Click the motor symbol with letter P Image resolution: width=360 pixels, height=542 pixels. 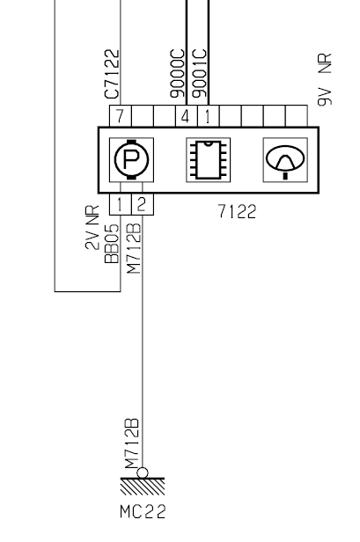131,159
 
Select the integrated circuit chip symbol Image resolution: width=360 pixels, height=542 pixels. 209,159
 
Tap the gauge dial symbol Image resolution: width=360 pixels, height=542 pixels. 285,159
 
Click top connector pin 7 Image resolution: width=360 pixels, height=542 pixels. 121,116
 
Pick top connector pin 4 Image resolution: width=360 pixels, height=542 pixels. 186,116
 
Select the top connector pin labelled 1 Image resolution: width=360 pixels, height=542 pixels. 209,116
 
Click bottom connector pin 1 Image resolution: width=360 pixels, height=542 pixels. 121,204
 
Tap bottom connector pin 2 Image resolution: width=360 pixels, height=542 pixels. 143,204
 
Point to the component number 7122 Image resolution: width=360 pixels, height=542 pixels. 238,211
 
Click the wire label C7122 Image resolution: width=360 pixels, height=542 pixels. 112,74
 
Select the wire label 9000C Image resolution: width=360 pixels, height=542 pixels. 178,74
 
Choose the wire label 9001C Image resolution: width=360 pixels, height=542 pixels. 200,74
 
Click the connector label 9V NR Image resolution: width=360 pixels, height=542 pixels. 325,79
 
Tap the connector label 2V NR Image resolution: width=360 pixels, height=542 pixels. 92,227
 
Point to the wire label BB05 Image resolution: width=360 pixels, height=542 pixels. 112,244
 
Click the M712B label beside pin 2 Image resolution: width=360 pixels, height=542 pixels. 134,248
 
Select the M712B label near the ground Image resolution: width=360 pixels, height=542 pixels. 132,443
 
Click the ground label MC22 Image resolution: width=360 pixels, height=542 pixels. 143,511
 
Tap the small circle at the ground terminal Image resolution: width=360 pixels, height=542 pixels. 143,472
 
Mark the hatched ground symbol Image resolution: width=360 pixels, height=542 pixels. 143,487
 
